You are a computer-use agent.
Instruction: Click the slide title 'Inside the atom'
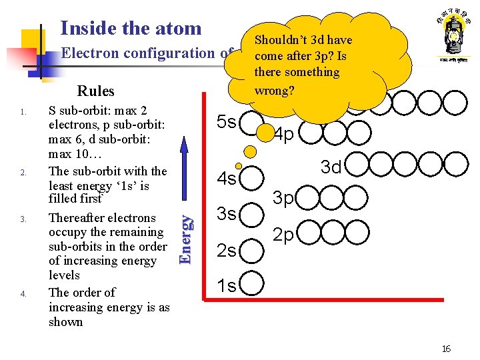131,28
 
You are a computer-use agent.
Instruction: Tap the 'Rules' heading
95,91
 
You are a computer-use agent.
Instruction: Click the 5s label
227,122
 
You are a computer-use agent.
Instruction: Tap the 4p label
284,135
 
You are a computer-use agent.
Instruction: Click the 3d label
331,167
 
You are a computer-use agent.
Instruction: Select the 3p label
285,199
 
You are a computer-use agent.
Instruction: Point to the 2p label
285,235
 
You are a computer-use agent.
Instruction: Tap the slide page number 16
446,349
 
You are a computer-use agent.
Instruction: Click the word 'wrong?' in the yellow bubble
274,89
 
